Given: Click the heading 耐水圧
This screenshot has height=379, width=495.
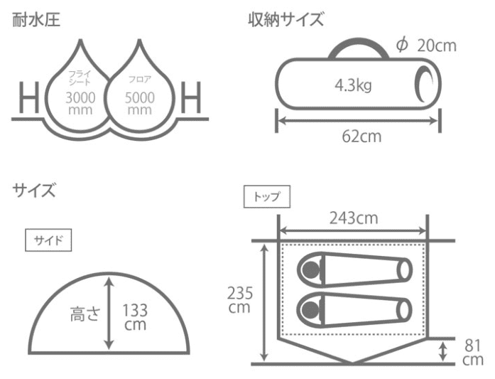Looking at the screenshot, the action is [x=36, y=20].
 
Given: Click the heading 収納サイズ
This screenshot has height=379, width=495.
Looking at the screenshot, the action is [x=286, y=19].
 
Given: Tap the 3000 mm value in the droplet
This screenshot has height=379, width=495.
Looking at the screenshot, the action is [x=80, y=103].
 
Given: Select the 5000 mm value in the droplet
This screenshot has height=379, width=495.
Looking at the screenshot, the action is [x=139, y=103].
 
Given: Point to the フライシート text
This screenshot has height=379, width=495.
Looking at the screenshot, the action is [x=80, y=78].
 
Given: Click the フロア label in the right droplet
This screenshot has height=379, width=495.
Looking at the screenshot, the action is [x=140, y=79].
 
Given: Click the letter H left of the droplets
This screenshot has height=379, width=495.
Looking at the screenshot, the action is [x=29, y=97].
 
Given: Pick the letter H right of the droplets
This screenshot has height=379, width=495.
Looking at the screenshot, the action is [x=190, y=97].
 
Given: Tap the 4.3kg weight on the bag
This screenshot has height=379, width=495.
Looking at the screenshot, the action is [x=353, y=85].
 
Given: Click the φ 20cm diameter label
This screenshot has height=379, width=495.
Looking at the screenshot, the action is [x=427, y=46].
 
